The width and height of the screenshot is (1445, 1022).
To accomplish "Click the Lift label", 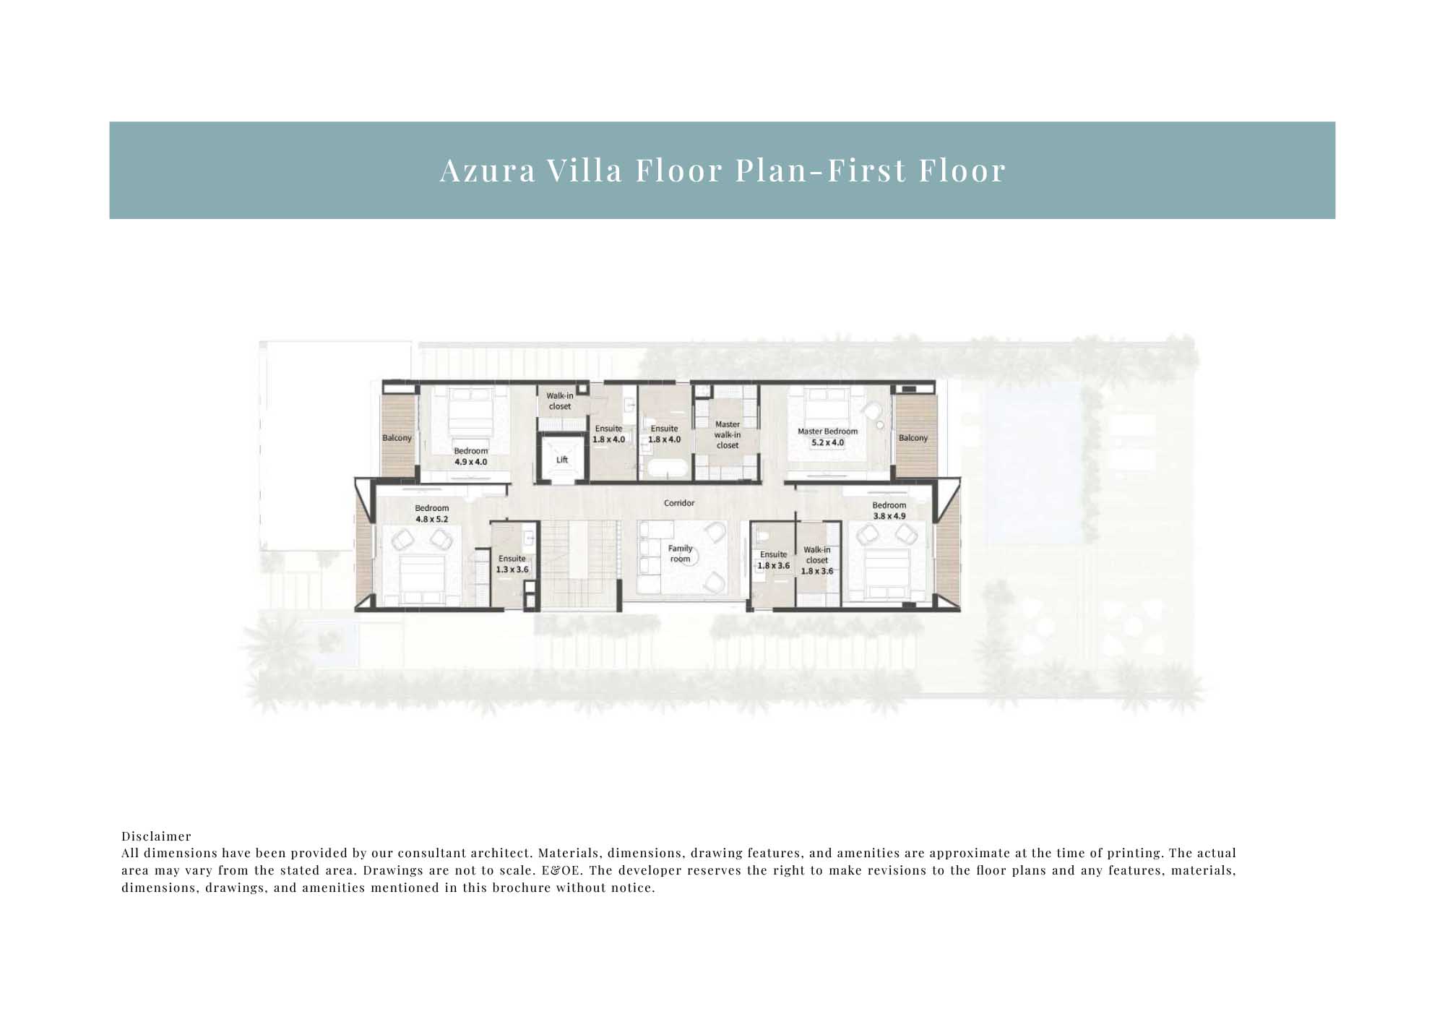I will tap(562, 460).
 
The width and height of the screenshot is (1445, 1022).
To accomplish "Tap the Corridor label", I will tap(679, 503).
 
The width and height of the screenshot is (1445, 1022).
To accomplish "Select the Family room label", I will tap(680, 554).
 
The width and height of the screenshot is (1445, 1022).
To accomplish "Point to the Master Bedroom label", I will tap(827, 431).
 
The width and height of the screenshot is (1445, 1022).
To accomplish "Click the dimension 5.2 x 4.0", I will tap(827, 442).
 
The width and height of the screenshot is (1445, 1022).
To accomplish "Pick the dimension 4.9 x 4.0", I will tap(470, 462).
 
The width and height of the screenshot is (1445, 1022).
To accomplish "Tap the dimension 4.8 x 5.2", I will tap(431, 519).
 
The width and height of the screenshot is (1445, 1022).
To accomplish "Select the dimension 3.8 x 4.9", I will tap(889, 516).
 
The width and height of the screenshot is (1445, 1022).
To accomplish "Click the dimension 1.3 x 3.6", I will tap(512, 570).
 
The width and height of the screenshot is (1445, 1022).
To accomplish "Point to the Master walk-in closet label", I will tap(728, 435).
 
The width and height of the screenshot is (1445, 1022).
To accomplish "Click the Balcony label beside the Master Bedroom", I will tap(913, 438).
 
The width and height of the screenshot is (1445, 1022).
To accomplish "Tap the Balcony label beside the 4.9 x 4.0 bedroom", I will tap(397, 438).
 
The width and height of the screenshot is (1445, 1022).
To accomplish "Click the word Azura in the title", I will tap(488, 171).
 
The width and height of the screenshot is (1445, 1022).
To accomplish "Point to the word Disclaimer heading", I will tap(156, 836).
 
